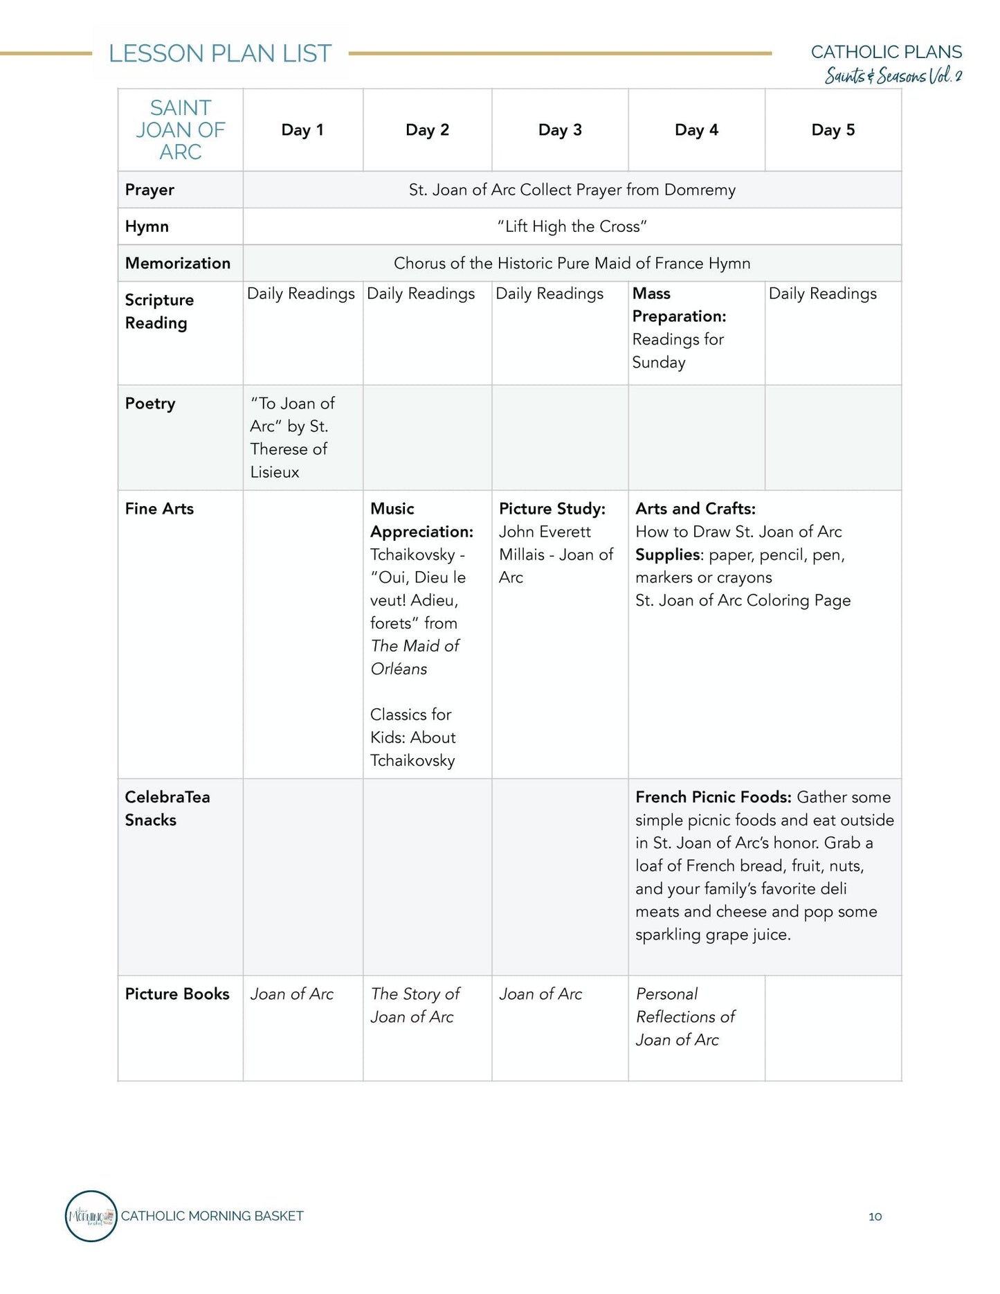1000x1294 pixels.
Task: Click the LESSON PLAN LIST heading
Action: (220, 54)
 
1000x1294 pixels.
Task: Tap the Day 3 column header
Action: (560, 130)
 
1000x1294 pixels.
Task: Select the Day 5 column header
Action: (833, 130)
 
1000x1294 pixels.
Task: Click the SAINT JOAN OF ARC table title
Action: (181, 130)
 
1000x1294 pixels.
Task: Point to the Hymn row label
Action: (147, 226)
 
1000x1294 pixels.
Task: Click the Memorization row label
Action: (178, 263)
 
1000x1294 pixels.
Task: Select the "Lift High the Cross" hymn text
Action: (572, 226)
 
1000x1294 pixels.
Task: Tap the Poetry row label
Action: (150, 404)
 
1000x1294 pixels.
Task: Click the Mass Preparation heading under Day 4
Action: (679, 305)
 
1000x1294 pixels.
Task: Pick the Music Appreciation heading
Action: (421, 520)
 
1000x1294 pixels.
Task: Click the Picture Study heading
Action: (552, 509)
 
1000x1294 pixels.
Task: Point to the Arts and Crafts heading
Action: (696, 509)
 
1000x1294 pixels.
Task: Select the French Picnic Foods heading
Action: (713, 797)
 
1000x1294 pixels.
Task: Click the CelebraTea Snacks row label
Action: (167, 809)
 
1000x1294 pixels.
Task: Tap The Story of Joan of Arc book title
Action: (415, 1005)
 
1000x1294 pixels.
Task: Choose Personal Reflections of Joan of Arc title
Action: (684, 1016)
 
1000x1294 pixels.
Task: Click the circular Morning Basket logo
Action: (91, 1216)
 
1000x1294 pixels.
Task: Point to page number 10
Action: (875, 1216)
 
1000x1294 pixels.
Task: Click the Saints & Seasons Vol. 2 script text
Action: (893, 75)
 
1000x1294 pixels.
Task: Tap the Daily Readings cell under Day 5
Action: (822, 294)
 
